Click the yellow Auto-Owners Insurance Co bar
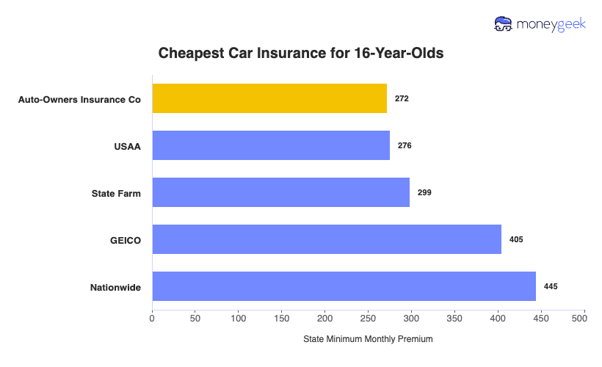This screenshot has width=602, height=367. pyautogui.click(x=269, y=98)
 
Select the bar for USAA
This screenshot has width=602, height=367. pyautogui.click(x=271, y=145)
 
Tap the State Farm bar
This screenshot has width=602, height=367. pyautogui.click(x=280, y=192)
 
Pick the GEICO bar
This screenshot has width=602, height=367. pyautogui.click(x=327, y=239)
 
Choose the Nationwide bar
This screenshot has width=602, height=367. pyautogui.click(x=344, y=286)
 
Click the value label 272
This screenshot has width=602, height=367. pyautogui.click(x=402, y=98)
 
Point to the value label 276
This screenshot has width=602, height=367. pyautogui.click(x=405, y=145)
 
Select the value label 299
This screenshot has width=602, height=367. pyautogui.click(x=424, y=192)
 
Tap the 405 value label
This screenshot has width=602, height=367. pyautogui.click(x=516, y=239)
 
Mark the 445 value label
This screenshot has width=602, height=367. pyautogui.click(x=551, y=286)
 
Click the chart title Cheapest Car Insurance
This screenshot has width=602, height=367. pyautogui.click(x=301, y=54)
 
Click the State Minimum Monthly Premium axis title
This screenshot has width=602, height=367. pyautogui.click(x=368, y=339)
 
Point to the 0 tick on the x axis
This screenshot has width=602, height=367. pyautogui.click(x=152, y=319)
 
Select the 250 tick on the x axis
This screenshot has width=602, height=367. pyautogui.click(x=368, y=319)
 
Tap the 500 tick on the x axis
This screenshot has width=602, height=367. pyautogui.click(x=584, y=319)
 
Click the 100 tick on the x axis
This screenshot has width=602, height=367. pyautogui.click(x=239, y=319)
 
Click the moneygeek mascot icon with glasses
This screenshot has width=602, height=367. pyautogui.click(x=504, y=24)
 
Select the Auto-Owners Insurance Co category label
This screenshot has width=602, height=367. pyautogui.click(x=79, y=98)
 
